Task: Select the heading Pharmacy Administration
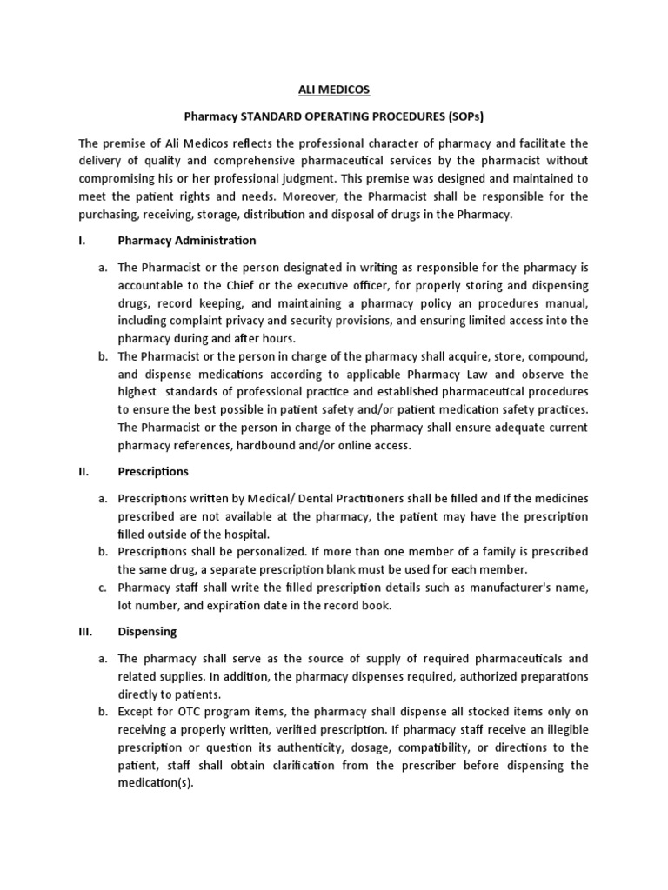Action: point(187,240)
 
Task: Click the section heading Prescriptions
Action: point(152,471)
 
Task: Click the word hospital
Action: point(247,534)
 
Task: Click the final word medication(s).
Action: point(155,781)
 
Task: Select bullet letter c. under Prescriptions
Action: point(103,588)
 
